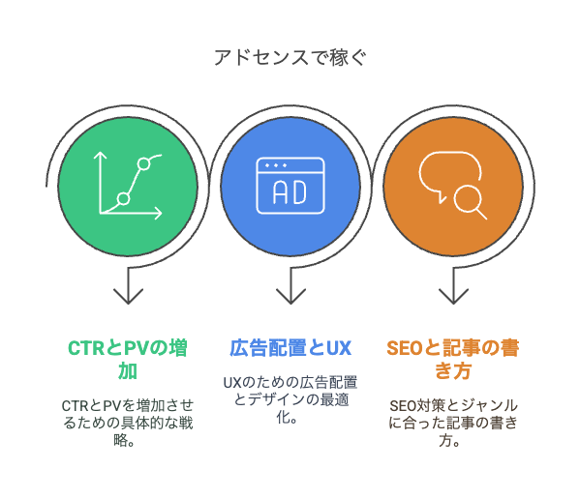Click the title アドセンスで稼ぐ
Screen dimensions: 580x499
pos(290,58)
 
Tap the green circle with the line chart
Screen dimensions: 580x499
pos(128,187)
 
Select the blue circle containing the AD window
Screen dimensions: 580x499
pos(290,187)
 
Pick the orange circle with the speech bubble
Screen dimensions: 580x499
pos(453,187)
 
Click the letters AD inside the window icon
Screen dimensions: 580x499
pos(290,192)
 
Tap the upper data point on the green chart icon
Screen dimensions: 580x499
pos(144,163)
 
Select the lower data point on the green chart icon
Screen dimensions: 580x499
pos(124,198)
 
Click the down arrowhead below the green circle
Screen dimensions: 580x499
pos(128,296)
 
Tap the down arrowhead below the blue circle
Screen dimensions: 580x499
pos(290,296)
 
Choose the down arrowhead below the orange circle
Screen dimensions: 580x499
pos(453,296)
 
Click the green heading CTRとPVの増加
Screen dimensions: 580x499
pos(128,360)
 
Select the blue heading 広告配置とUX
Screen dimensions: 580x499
pos(290,348)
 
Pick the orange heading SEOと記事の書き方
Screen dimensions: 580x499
pos(453,360)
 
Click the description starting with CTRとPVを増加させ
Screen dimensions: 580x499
pos(128,423)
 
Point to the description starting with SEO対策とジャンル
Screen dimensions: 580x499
pos(453,423)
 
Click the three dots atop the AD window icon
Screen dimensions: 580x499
pos(276,165)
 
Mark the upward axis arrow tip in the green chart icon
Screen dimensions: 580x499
pos(100,153)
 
